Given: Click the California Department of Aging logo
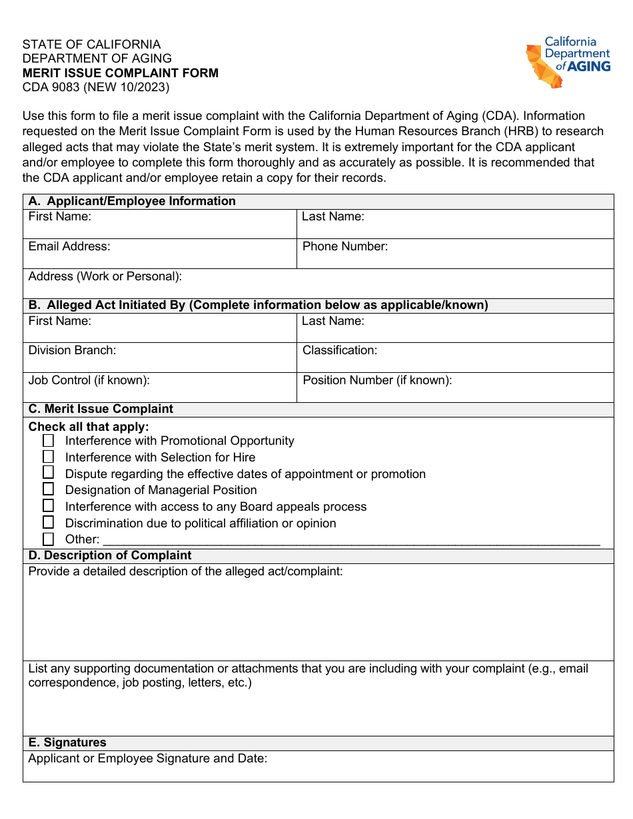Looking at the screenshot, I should tap(568, 63).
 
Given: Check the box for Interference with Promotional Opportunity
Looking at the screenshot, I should tap(49, 441).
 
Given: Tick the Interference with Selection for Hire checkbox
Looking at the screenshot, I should tap(49, 457).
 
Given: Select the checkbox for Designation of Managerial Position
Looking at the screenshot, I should tap(49, 489).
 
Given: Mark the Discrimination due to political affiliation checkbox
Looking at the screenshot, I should tap(49, 523).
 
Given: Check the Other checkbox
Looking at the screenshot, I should tap(49, 539).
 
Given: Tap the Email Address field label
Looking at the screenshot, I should tap(69, 246).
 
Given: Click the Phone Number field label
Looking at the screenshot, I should tap(344, 246).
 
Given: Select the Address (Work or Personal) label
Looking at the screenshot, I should tap(105, 276).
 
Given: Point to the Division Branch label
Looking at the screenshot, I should tap(72, 350).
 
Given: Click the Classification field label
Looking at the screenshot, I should tap(340, 350).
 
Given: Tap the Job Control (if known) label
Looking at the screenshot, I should tap(89, 380).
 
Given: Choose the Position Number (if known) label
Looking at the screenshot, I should tap(377, 380).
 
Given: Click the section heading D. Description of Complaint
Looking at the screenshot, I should tap(110, 555).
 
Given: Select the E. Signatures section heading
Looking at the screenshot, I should tap(67, 742).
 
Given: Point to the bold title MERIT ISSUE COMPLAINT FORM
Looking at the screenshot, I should tap(121, 73).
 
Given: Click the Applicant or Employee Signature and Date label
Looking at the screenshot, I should tap(147, 758).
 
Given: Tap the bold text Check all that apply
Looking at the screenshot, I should tap(89, 427).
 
